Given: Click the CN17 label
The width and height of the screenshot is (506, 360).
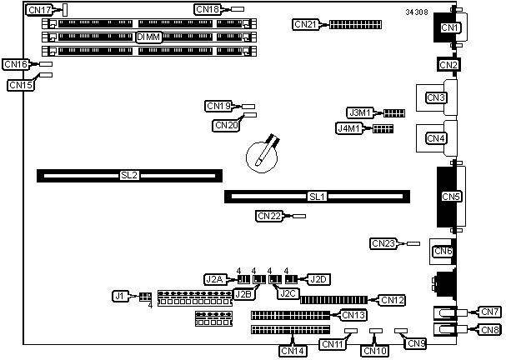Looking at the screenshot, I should point(39,10).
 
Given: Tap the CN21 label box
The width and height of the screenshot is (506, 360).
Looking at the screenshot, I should point(306,24).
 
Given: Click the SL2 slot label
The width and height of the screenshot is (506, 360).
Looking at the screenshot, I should point(128,175).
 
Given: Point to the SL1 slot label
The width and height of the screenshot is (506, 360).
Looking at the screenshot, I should point(317,197).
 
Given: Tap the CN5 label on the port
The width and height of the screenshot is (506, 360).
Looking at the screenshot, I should point(451,197).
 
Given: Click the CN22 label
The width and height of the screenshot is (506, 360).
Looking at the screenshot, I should point(269,216).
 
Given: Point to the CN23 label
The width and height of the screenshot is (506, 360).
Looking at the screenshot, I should point(383,244).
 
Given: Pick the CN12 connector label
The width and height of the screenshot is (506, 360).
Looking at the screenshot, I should point(392,300).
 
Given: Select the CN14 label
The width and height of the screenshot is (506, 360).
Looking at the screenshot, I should point(293,351).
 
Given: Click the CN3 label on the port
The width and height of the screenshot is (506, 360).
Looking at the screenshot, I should point(435,98).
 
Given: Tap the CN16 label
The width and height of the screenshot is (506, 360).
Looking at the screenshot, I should point(16,64).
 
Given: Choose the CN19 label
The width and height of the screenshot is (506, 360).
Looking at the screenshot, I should point(218,106).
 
